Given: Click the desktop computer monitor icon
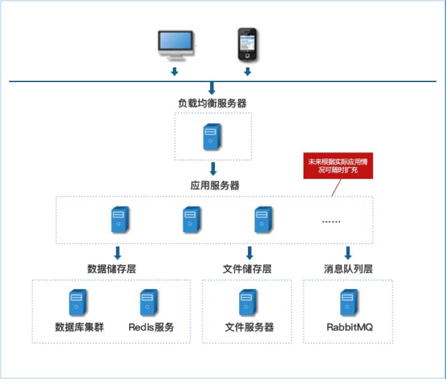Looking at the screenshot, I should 175,44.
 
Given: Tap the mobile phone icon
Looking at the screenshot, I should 247,44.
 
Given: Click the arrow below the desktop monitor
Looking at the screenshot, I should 175,72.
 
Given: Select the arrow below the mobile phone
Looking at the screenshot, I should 247,72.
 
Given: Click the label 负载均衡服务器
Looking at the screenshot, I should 212,103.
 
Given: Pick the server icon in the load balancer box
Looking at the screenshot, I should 212,136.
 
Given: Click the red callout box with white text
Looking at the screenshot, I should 339,165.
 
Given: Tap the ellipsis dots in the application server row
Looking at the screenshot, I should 331,220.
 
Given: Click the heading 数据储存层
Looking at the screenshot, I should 111,269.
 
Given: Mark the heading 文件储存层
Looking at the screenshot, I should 247,269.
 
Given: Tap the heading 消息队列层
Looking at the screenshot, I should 348,269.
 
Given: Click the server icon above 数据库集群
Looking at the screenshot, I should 78,302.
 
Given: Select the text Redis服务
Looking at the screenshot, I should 151,327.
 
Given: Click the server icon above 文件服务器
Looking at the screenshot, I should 248,302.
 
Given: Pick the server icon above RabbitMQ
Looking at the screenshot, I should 348,302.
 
